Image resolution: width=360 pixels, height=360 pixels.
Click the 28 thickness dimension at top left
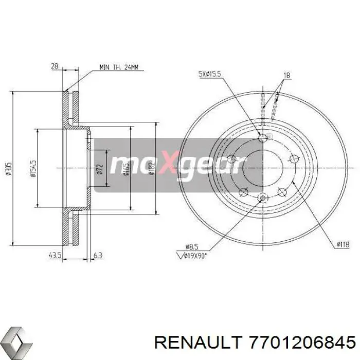coord(55,66)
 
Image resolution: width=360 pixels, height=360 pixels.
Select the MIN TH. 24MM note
coord(122,67)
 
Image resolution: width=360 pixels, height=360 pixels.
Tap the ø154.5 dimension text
coord(32,168)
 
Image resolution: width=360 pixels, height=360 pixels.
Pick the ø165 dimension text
coord(126,168)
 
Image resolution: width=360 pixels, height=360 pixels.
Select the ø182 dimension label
coord(151,168)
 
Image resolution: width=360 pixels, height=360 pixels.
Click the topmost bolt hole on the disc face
coord(264,137)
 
